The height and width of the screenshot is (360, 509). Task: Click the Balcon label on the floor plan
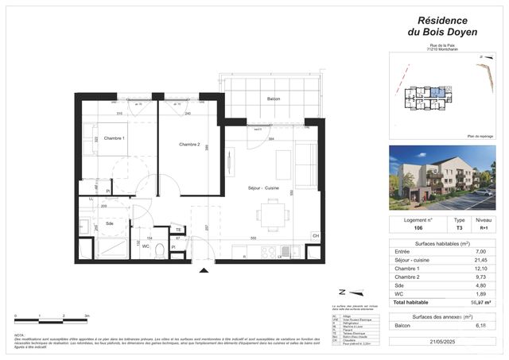(270, 99)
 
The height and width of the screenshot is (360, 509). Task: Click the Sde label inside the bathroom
(109, 224)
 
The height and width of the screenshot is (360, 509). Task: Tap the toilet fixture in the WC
(161, 250)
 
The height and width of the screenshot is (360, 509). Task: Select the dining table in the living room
(273, 212)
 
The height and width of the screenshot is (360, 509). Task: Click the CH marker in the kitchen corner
(315, 236)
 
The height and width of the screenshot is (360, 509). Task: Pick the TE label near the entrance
(179, 229)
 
